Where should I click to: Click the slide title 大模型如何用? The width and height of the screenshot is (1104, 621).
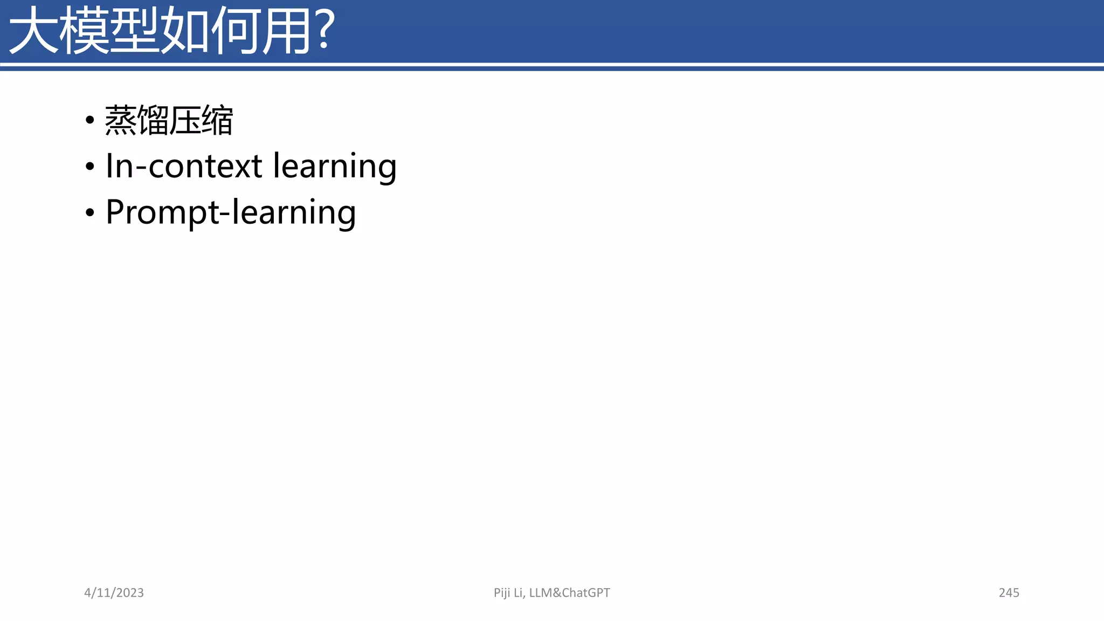click(x=171, y=31)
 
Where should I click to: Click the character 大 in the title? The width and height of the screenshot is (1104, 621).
click(x=33, y=31)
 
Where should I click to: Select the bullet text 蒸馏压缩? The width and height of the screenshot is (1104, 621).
click(x=169, y=120)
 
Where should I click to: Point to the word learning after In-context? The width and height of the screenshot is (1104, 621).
click(x=335, y=167)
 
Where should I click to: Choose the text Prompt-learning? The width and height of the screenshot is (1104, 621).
click(x=231, y=212)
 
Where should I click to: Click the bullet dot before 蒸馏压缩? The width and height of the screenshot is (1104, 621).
click(x=90, y=120)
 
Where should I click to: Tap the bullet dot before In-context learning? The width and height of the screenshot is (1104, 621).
click(x=90, y=167)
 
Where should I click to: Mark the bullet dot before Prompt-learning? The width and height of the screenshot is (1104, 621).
click(x=90, y=213)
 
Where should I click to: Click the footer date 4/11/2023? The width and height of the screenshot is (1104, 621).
click(x=114, y=592)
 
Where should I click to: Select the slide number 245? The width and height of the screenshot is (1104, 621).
click(x=1009, y=592)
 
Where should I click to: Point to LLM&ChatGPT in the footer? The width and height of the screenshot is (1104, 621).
click(x=569, y=592)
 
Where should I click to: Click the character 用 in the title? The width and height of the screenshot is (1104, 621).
click(x=286, y=31)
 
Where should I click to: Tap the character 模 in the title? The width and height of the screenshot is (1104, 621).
click(x=84, y=31)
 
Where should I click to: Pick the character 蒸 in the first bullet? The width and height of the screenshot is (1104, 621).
click(x=121, y=120)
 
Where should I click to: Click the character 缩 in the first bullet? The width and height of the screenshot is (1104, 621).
click(x=217, y=120)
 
